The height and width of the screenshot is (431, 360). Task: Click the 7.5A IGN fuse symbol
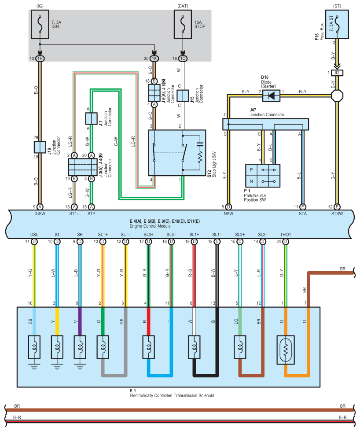(40, 25)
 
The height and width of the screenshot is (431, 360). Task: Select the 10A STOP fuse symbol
(183, 25)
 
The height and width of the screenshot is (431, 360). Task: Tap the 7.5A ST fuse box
(337, 25)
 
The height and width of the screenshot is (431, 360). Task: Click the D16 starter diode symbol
(271, 96)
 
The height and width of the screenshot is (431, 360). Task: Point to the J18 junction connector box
(40, 147)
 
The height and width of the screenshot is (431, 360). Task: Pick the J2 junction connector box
(91, 118)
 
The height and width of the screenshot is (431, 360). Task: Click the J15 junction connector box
(183, 96)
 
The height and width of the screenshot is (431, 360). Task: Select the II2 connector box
(337, 73)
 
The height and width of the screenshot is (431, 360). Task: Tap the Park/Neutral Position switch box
(263, 176)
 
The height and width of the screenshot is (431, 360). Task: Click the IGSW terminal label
(40, 214)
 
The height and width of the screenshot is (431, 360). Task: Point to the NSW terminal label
(228, 214)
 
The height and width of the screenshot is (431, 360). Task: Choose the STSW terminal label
(337, 214)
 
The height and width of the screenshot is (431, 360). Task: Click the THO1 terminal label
(286, 235)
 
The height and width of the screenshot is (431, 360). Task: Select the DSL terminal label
(34, 235)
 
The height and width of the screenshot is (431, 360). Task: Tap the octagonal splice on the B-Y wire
(337, 96)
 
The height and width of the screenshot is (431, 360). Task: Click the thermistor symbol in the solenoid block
(286, 350)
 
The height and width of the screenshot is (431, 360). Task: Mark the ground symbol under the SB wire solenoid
(34, 367)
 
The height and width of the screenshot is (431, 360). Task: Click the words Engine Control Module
(150, 226)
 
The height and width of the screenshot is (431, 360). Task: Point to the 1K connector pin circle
(154, 59)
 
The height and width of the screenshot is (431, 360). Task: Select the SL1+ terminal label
(194, 235)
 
